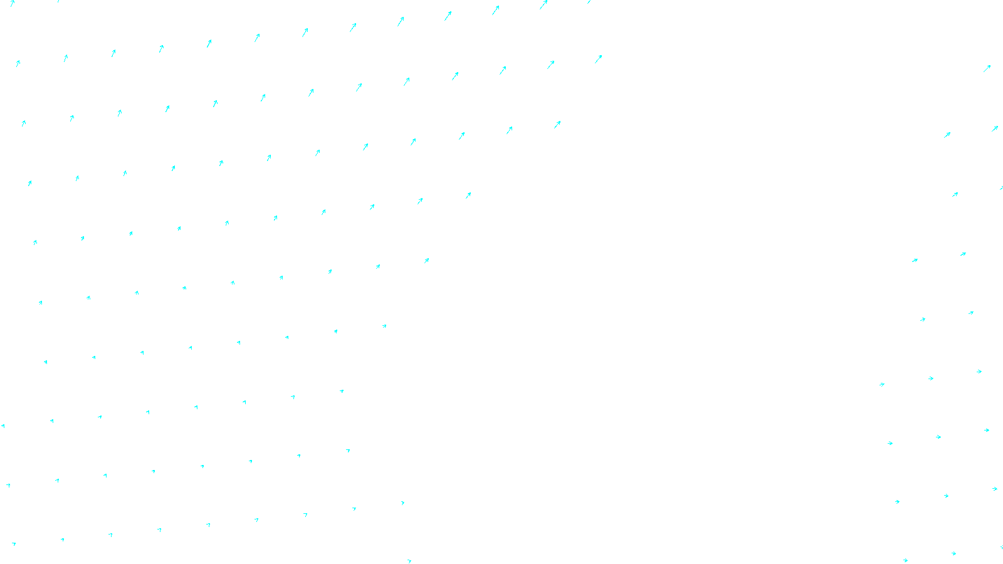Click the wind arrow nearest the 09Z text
point(409,561)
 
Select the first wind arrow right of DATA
point(905,560)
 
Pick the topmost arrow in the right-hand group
point(987,68)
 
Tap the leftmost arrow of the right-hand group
point(882,384)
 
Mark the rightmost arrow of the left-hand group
point(599,59)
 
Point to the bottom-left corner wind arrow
point(13,544)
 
